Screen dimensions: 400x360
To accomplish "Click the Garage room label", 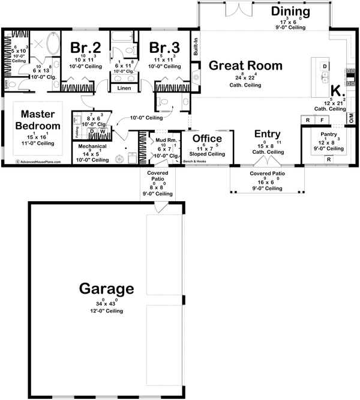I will pos(106,289).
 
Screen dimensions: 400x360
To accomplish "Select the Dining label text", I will pos(290,11).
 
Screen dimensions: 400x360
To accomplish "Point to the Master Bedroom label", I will pos(41,120).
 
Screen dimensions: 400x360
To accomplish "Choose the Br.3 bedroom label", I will pos(161,47).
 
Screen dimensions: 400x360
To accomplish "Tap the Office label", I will pos(207,139).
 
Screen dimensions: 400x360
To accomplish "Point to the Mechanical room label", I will pos(92,146).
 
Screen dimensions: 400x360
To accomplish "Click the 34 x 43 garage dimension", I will pos(106,304).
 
